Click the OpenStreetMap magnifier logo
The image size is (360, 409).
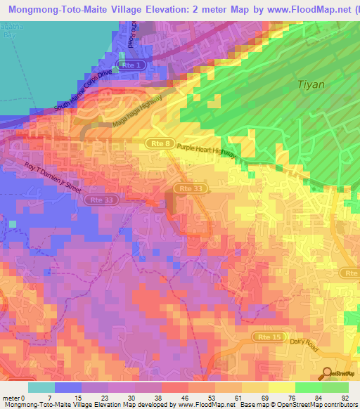pos(327,373)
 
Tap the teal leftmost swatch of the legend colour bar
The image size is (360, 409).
pos(41,387)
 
